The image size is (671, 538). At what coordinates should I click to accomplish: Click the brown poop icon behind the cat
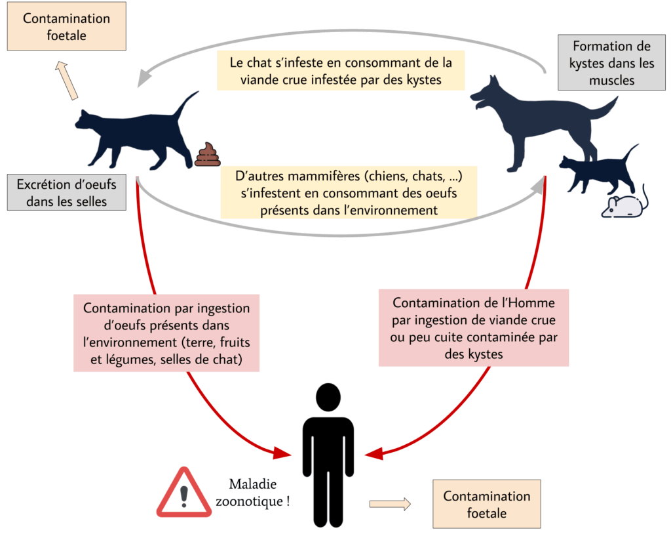(208, 154)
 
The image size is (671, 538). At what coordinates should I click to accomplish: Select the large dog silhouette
(543, 122)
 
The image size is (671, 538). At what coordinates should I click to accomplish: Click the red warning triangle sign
(184, 493)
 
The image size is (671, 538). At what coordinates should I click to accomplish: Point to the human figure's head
(328, 398)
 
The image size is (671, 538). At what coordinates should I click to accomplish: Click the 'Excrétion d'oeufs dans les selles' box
(67, 192)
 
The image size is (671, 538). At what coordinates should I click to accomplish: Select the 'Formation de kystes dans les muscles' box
(611, 62)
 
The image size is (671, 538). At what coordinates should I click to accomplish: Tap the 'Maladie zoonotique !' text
(252, 493)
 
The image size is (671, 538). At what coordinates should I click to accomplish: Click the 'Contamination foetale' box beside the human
(487, 504)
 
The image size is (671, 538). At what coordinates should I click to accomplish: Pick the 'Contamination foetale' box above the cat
(66, 26)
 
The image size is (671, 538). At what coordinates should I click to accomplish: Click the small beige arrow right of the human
(390, 504)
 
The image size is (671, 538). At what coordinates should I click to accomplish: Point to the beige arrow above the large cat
(66, 81)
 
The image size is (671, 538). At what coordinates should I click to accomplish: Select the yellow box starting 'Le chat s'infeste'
(341, 71)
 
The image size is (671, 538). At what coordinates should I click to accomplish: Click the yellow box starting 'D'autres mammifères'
(349, 193)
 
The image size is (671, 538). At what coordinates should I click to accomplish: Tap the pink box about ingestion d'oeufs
(166, 333)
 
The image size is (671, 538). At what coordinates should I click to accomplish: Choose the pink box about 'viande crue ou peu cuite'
(474, 328)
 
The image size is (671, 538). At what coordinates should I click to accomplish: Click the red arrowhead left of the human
(282, 453)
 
